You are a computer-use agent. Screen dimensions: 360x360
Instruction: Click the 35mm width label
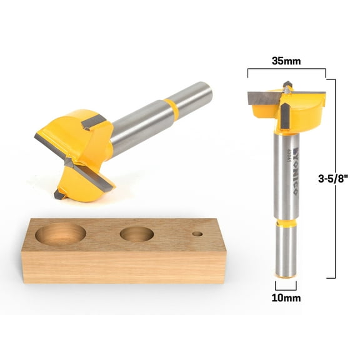tap(286, 62)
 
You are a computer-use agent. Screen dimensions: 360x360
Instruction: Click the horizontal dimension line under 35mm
tap(286, 71)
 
